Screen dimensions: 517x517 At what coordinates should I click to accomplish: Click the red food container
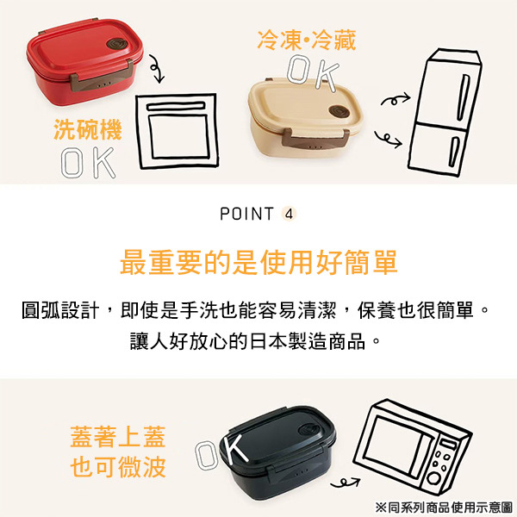click(85, 62)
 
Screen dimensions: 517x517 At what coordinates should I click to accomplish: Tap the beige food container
click(305, 116)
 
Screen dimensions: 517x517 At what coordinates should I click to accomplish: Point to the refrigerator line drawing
click(444, 113)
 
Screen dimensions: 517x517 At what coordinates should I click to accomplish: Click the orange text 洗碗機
click(88, 129)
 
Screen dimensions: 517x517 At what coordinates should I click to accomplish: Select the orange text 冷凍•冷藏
click(307, 40)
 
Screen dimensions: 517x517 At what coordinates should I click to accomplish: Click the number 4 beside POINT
click(290, 215)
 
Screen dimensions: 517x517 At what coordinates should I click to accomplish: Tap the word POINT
click(246, 214)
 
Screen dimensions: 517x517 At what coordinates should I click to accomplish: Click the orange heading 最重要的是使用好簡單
click(258, 263)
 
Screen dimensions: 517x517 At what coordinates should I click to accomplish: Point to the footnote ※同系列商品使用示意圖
click(444, 507)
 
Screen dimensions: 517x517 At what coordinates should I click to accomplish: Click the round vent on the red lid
click(116, 44)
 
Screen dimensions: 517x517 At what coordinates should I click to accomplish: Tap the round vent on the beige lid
click(339, 111)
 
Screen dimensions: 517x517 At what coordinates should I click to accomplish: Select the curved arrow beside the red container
click(157, 69)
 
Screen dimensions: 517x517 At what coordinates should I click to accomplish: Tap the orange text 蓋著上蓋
click(118, 437)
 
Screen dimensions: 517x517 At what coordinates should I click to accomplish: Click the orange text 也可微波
click(118, 467)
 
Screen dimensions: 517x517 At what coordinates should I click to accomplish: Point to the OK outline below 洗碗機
click(89, 163)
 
